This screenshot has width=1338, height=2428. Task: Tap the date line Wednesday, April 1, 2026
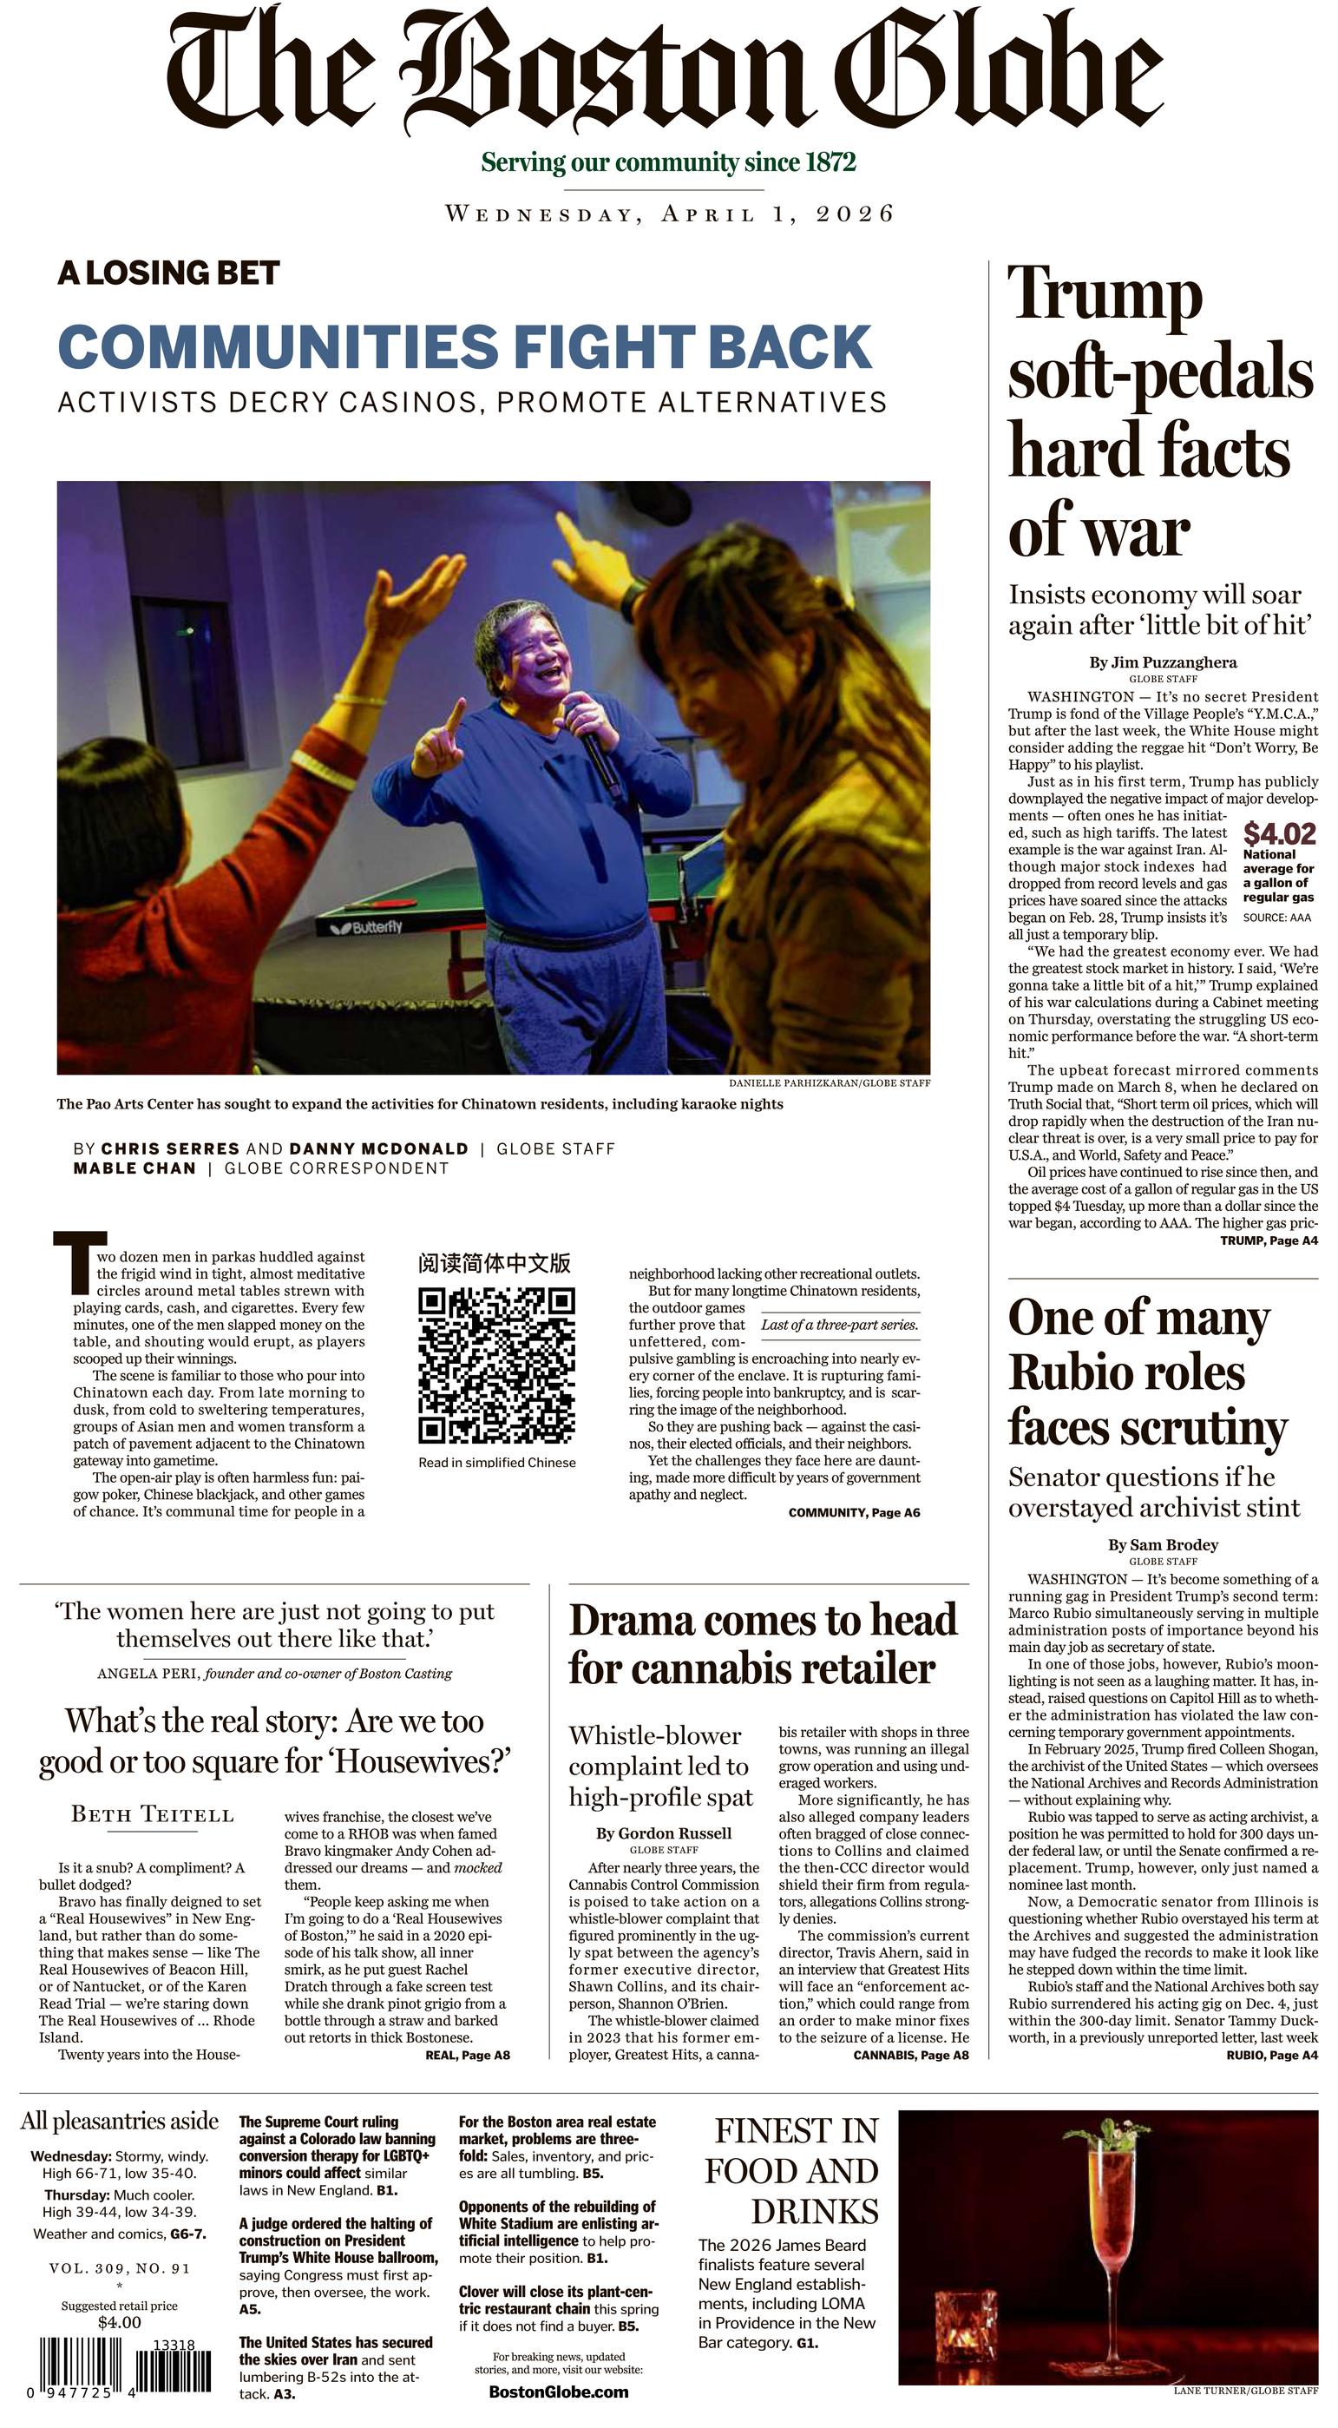coord(669,214)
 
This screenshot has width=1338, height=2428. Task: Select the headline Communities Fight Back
coord(464,347)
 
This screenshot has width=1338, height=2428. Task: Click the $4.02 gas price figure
coord(1280,833)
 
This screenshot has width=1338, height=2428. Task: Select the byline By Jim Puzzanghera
coord(1163,661)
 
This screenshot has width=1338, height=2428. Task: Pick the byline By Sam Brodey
coord(1163,1545)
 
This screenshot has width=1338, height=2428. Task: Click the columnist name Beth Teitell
coord(153,1814)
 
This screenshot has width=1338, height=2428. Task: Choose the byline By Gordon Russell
coord(663,1833)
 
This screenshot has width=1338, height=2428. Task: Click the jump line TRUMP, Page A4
coord(1269,1240)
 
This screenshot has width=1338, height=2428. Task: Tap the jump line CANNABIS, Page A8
coord(910,2055)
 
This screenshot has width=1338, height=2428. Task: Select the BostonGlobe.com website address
coord(558,2392)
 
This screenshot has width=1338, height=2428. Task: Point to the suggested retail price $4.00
coord(120,2322)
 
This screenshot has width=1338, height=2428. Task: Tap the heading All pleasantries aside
coord(120,2121)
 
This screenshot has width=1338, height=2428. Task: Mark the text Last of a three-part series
coord(838,1325)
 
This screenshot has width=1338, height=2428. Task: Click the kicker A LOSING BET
coord(168,273)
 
